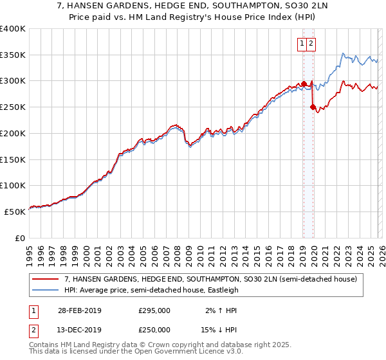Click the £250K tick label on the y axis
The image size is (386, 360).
click(13, 107)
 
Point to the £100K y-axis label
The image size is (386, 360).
click(13, 185)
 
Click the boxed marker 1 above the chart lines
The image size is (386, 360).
click(302, 44)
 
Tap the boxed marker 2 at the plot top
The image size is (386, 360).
click(311, 44)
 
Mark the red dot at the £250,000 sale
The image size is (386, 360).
click(313, 107)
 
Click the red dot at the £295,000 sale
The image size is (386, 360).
click(304, 84)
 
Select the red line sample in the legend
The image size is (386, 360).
click(46, 279)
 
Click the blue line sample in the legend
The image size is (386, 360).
click(46, 290)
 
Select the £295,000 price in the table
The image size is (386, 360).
click(154, 310)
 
